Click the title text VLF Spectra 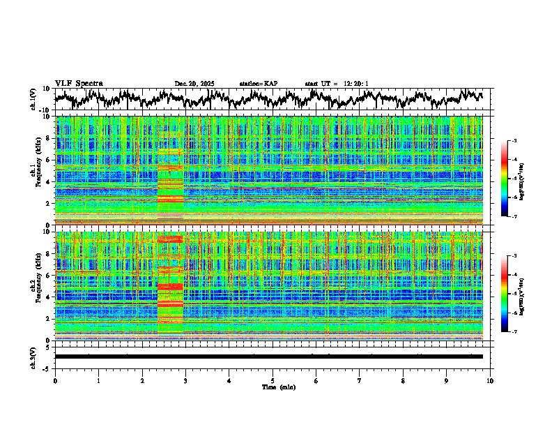(79, 84)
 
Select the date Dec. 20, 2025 (194, 84)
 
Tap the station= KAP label (258, 84)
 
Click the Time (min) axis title (273, 387)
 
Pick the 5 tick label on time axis (273, 380)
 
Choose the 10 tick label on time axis (490, 380)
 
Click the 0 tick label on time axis (55, 380)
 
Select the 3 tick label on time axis (185, 380)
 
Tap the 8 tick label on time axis (403, 380)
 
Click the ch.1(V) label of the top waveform (33, 99)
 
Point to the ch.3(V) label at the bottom (33, 357)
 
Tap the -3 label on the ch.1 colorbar (512, 142)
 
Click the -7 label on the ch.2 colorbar (512, 332)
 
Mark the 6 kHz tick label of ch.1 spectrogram (49, 160)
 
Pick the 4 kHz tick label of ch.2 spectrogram (49, 297)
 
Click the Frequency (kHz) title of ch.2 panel (40, 286)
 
